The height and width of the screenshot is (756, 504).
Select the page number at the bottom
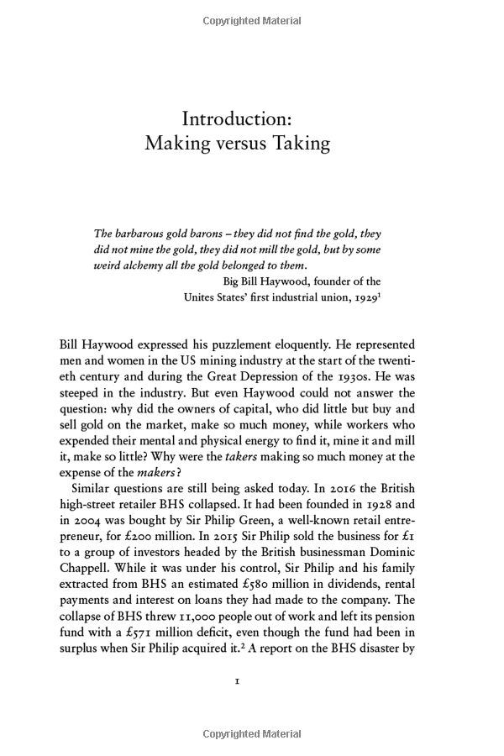238,682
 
